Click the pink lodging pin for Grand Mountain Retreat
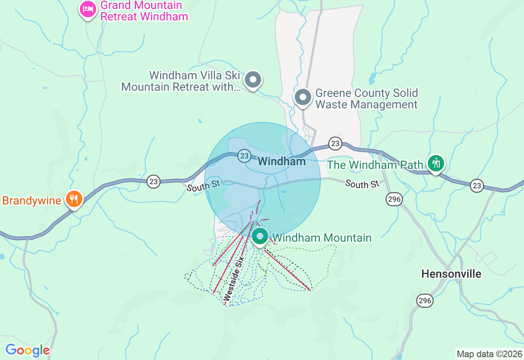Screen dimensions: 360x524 tap(88, 9)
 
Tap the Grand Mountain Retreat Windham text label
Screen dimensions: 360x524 tap(144, 11)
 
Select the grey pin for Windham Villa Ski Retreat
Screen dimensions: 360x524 tap(253, 79)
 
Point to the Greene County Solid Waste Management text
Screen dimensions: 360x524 tap(366, 99)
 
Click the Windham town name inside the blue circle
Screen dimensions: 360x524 tap(282, 161)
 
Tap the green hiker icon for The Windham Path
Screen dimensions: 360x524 tap(436, 163)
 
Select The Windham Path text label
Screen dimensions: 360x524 tap(375, 165)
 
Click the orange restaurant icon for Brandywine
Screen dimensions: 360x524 tap(74, 199)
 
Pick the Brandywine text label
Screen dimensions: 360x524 tap(32, 201)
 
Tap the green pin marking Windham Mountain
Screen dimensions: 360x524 tap(260, 236)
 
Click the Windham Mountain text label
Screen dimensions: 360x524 tap(322, 238)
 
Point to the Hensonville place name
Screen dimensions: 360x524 tap(451, 274)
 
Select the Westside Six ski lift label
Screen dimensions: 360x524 tap(234, 279)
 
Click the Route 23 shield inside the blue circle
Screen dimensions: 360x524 tap(244, 155)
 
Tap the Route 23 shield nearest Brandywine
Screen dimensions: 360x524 tap(154, 182)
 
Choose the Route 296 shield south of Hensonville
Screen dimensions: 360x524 tap(425, 301)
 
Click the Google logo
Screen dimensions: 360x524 tap(27, 350)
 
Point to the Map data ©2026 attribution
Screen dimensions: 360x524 tap(489, 354)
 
